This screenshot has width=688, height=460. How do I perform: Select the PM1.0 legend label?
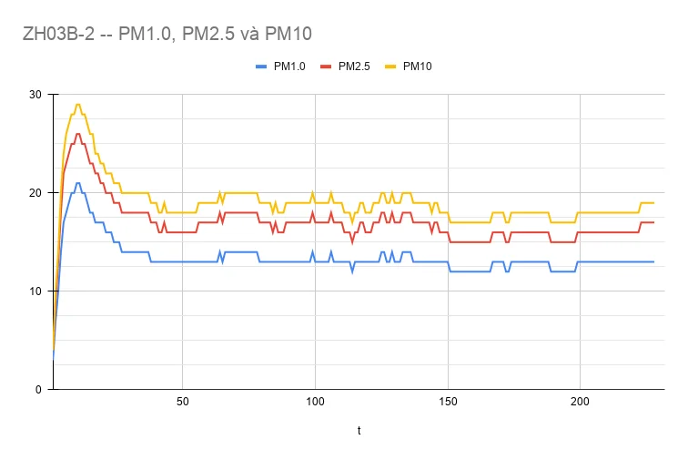click(290, 66)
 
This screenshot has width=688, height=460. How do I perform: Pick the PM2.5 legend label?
click(354, 66)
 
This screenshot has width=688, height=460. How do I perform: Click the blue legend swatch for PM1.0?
click(261, 66)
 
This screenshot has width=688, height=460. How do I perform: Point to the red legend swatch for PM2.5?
click(326, 66)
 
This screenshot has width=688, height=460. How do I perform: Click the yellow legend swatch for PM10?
click(390, 66)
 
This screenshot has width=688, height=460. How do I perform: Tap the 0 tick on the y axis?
click(39, 390)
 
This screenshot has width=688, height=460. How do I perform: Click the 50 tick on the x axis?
click(182, 403)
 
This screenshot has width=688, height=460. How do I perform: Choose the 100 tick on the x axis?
click(315, 403)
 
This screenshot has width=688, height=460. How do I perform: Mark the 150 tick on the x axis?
click(448, 403)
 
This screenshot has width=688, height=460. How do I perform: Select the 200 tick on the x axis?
click(580, 403)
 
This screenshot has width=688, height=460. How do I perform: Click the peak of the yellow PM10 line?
click(78, 105)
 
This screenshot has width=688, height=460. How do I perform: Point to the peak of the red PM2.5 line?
click(78, 134)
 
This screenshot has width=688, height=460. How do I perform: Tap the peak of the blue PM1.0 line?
click(78, 183)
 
